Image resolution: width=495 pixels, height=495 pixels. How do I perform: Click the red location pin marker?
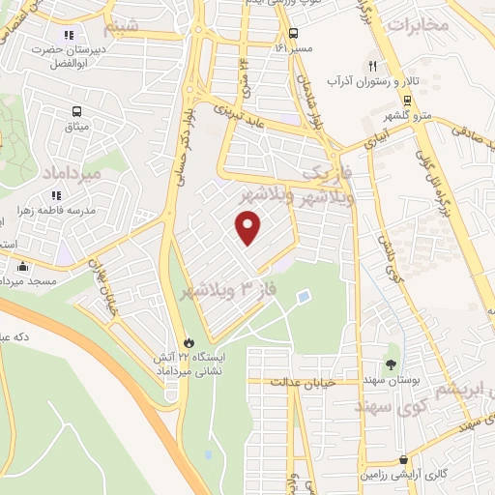pos(248,227)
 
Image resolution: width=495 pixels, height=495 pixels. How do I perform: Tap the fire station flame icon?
pos(189,343)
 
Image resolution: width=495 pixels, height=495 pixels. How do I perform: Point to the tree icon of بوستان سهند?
pos(391,364)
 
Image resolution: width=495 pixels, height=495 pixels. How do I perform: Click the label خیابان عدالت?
pos(332,382)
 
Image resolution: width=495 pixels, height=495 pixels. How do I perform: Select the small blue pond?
pos(305,294)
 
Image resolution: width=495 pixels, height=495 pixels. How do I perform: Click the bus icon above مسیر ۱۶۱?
pos(293,31)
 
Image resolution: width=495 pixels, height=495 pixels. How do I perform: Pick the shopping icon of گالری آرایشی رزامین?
pos(402,460)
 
